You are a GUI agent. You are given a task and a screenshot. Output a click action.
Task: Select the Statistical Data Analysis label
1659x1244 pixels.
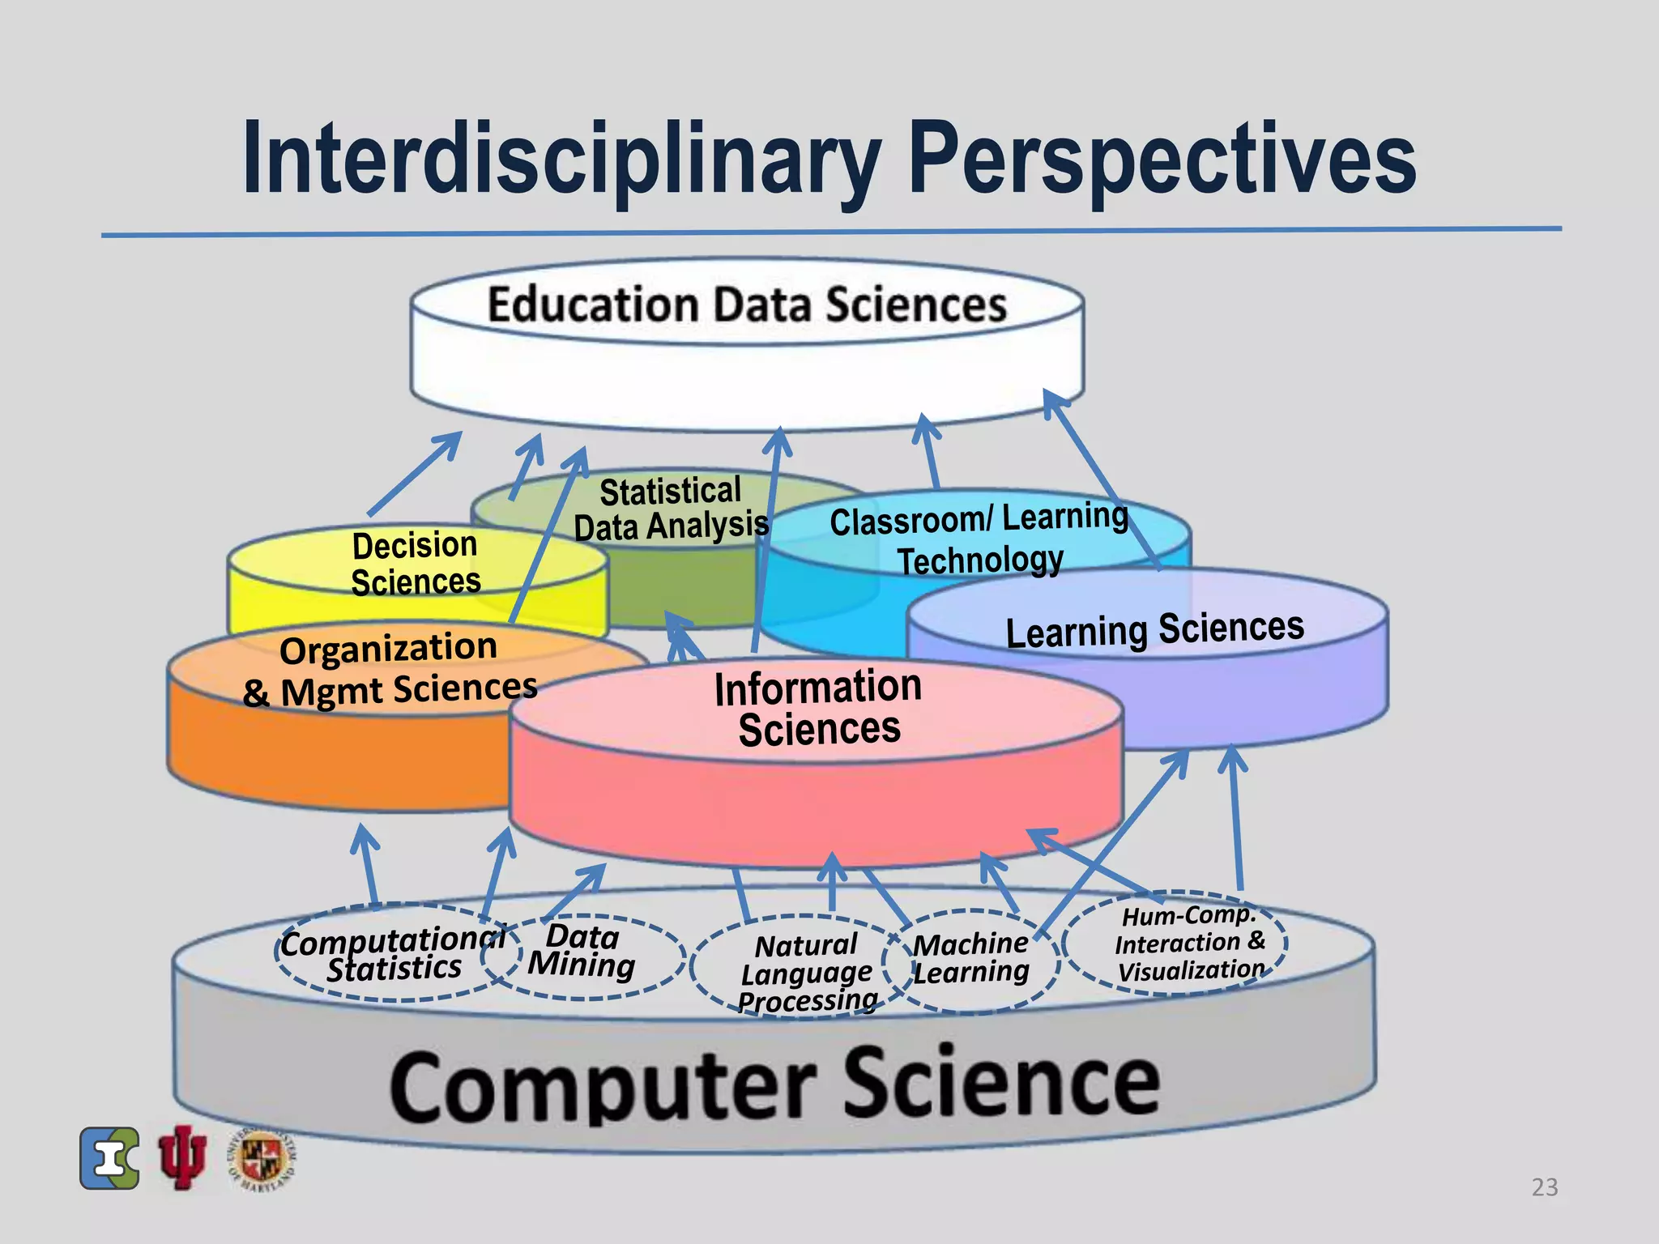(671, 509)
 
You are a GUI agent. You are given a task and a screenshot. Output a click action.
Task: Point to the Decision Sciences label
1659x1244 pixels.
(416, 564)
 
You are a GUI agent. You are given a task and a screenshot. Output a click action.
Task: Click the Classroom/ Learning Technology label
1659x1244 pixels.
(979, 539)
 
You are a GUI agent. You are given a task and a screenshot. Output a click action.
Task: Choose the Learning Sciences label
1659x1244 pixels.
(1154, 630)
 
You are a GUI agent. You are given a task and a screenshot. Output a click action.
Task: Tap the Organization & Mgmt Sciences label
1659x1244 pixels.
(390, 670)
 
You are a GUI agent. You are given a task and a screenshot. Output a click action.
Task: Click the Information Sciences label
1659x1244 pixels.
(818, 708)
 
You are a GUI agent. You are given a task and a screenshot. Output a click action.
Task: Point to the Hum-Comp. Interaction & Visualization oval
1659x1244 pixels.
(1188, 943)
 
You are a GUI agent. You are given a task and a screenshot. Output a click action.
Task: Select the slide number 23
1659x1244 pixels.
(1544, 1187)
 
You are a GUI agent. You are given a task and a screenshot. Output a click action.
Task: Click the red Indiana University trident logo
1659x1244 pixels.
(182, 1157)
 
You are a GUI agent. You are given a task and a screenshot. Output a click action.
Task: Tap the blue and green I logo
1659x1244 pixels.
(109, 1158)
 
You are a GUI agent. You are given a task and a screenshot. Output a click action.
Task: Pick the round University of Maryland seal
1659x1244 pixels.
(262, 1158)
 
